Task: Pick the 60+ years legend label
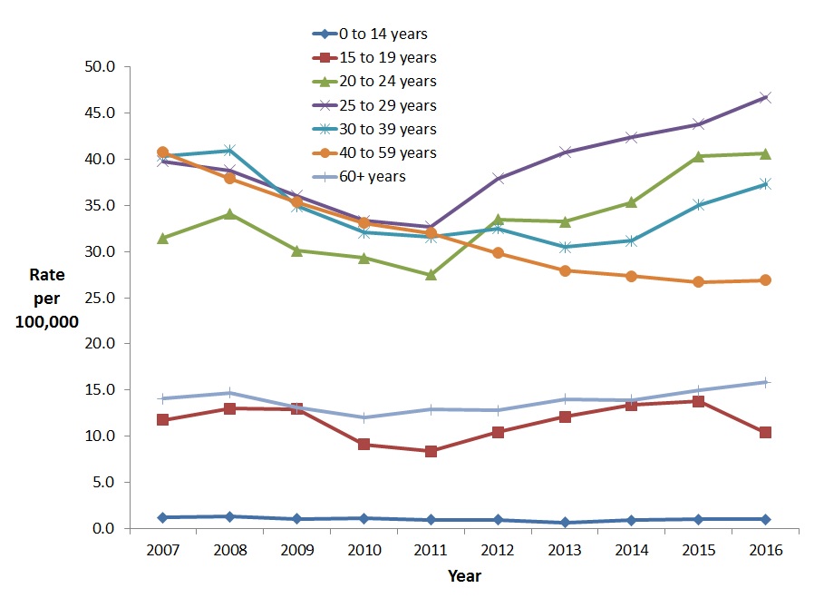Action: [x=373, y=176]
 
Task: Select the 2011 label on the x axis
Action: [x=431, y=551]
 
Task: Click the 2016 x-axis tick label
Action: [x=765, y=551]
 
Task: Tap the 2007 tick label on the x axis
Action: [x=162, y=551]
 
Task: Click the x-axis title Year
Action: [x=463, y=576]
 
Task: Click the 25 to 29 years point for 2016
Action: [x=765, y=97]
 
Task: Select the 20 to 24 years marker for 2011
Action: [x=431, y=274]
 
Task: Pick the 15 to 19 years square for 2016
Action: [x=765, y=432]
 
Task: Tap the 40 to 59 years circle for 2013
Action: [x=565, y=270]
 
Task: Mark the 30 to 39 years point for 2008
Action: [x=229, y=150]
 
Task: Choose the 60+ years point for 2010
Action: [x=364, y=417]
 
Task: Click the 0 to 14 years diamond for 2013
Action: [x=565, y=523]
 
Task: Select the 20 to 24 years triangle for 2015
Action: [x=698, y=156]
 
